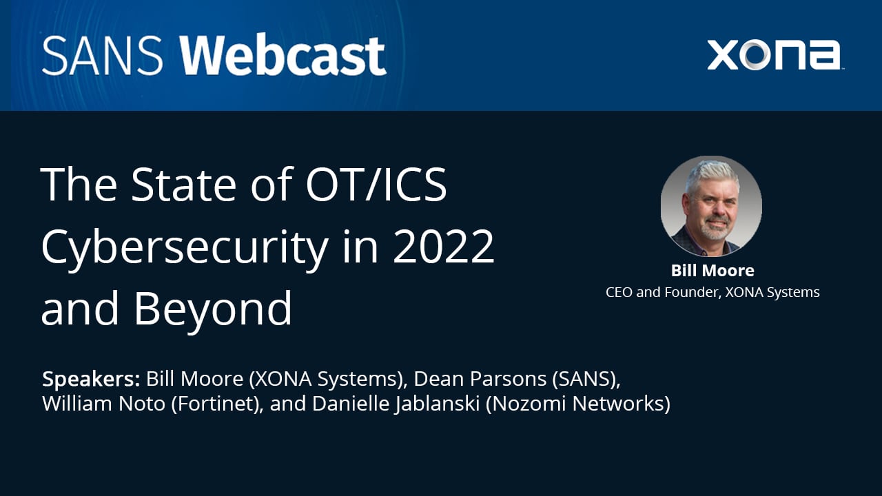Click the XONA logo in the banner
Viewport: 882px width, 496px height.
(773, 55)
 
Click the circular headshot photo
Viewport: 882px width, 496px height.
(711, 206)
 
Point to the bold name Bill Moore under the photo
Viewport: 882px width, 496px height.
(712, 270)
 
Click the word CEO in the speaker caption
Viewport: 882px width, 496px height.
(619, 292)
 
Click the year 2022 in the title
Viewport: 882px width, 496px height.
(444, 246)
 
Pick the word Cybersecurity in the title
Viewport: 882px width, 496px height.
(184, 246)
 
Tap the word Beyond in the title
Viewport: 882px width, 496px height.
(213, 308)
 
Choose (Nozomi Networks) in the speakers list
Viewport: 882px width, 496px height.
(578, 404)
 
